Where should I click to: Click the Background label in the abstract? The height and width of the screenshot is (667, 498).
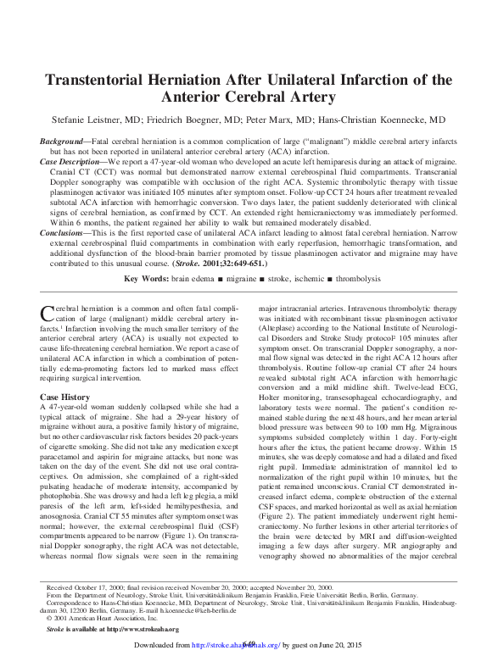click(x=64, y=139)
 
